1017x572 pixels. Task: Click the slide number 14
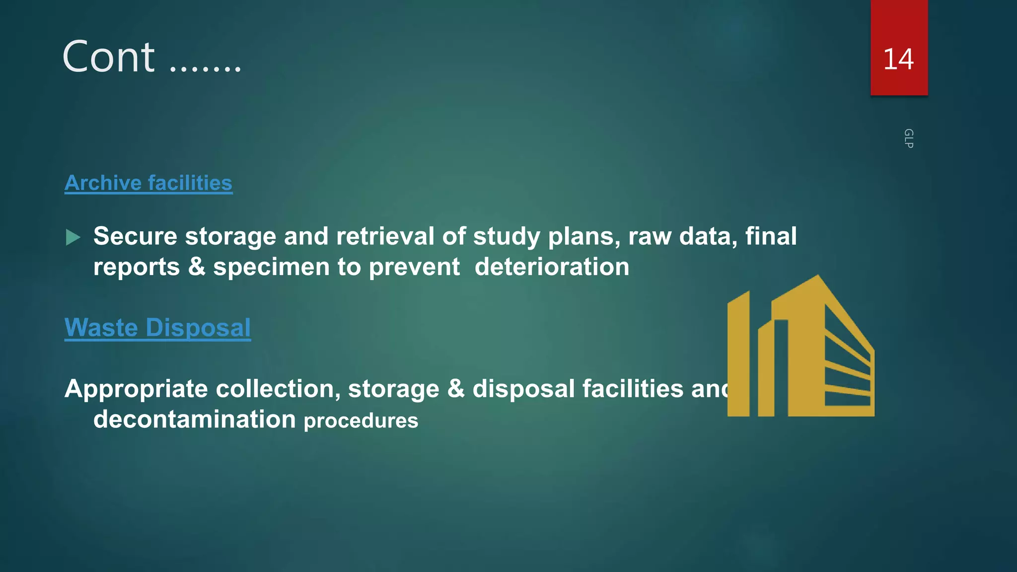coord(898,59)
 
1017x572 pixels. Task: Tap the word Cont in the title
coord(109,57)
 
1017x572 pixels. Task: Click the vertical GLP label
coord(908,139)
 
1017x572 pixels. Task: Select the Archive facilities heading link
coord(148,183)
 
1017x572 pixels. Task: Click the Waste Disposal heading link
coord(157,328)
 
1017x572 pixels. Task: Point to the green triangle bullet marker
coord(73,237)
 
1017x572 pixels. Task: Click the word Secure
coord(135,236)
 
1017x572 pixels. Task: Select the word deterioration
coord(552,267)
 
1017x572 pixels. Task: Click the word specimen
coord(272,268)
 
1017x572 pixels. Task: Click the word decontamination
coord(195,419)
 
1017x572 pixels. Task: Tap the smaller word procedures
coord(361,421)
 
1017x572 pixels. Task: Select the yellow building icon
coord(800,348)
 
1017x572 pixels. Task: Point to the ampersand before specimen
coord(197,267)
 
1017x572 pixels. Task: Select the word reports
coord(137,268)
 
